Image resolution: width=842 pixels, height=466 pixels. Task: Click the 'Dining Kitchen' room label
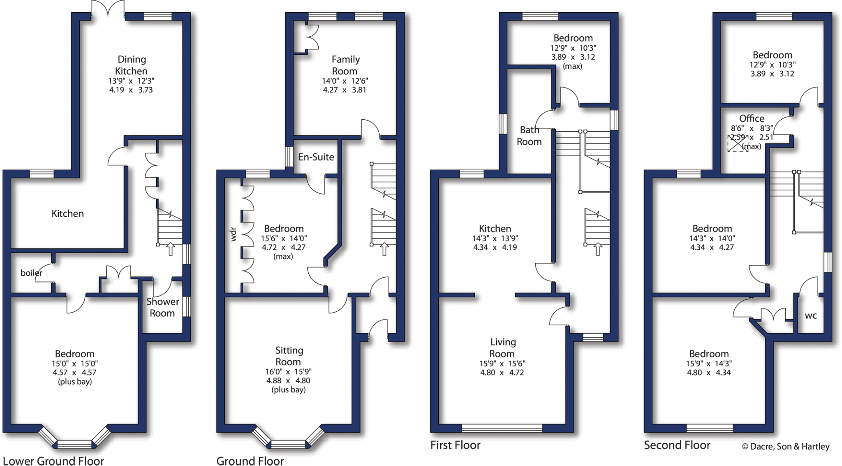click(x=132, y=65)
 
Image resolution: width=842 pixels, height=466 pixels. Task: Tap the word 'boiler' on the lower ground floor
click(x=31, y=273)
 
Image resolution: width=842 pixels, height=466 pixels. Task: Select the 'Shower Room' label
click(x=162, y=307)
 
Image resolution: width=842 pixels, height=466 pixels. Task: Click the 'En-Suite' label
click(x=316, y=157)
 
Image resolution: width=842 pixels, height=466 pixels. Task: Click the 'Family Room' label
click(x=345, y=65)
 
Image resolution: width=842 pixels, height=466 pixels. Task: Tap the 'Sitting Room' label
click(x=289, y=356)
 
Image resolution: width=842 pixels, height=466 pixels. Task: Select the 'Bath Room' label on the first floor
click(x=529, y=136)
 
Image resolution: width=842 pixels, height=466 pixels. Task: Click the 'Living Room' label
click(x=502, y=348)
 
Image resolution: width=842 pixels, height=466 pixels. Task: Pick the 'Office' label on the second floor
click(x=752, y=118)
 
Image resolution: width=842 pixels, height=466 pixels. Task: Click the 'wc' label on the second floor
click(x=811, y=315)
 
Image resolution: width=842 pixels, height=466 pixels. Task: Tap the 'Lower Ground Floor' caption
click(x=53, y=461)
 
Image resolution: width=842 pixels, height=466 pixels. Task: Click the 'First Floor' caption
click(x=455, y=445)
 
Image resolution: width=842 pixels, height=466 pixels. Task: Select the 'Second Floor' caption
click(x=677, y=445)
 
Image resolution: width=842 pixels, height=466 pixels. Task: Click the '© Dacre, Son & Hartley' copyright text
click(x=785, y=446)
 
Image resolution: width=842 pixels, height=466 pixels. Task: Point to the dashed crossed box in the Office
click(x=738, y=144)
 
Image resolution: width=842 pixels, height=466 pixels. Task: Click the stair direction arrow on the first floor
click(x=598, y=249)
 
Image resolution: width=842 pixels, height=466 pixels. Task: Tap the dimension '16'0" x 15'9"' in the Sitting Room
click(x=288, y=371)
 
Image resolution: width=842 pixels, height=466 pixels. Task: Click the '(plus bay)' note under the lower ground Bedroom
click(x=75, y=382)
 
